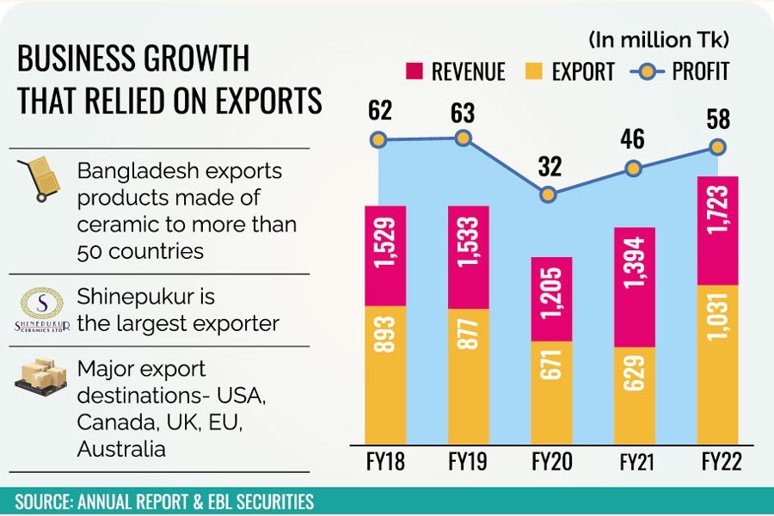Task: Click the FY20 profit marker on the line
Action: pyautogui.click(x=549, y=195)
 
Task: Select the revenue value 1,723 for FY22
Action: pyautogui.click(x=718, y=230)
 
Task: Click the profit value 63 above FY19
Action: pyautogui.click(x=463, y=112)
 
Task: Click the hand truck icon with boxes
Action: pyautogui.click(x=40, y=181)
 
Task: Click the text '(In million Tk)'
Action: pyautogui.click(x=659, y=39)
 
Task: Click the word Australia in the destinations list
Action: pyautogui.click(x=120, y=448)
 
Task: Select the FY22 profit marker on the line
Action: pyautogui.click(x=718, y=147)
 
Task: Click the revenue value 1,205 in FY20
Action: pyautogui.click(x=551, y=299)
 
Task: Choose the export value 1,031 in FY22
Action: pyautogui.click(x=718, y=364)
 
